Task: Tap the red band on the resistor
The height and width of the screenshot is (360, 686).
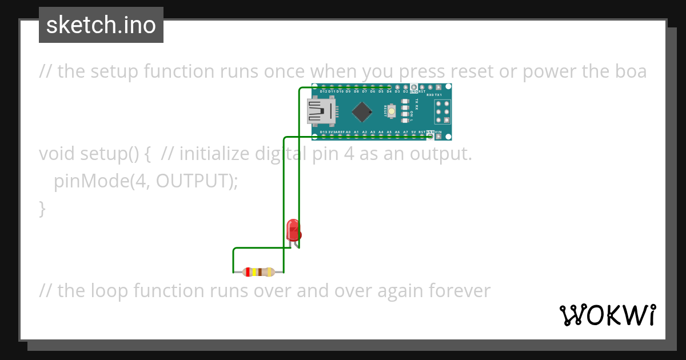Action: pos(248,273)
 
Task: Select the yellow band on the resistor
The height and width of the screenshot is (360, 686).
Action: pos(253,273)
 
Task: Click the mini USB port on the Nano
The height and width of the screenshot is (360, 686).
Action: pos(320,111)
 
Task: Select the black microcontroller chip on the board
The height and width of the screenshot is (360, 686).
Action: pos(362,111)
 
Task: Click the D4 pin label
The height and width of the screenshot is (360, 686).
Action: pos(389,91)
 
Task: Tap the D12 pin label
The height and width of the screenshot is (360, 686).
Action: pos(324,91)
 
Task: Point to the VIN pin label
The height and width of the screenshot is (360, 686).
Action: pos(438,132)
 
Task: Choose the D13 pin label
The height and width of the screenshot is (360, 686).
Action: pos(324,132)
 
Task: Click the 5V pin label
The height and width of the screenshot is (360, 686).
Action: pos(413,132)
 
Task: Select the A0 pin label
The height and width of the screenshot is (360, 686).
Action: pos(348,132)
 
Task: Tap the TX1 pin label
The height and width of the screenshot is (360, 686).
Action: pos(438,95)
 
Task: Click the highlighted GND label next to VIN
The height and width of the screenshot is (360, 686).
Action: pos(430,132)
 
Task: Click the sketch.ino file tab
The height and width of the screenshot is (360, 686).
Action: pos(101,25)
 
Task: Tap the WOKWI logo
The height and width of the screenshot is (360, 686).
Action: pos(608,315)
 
